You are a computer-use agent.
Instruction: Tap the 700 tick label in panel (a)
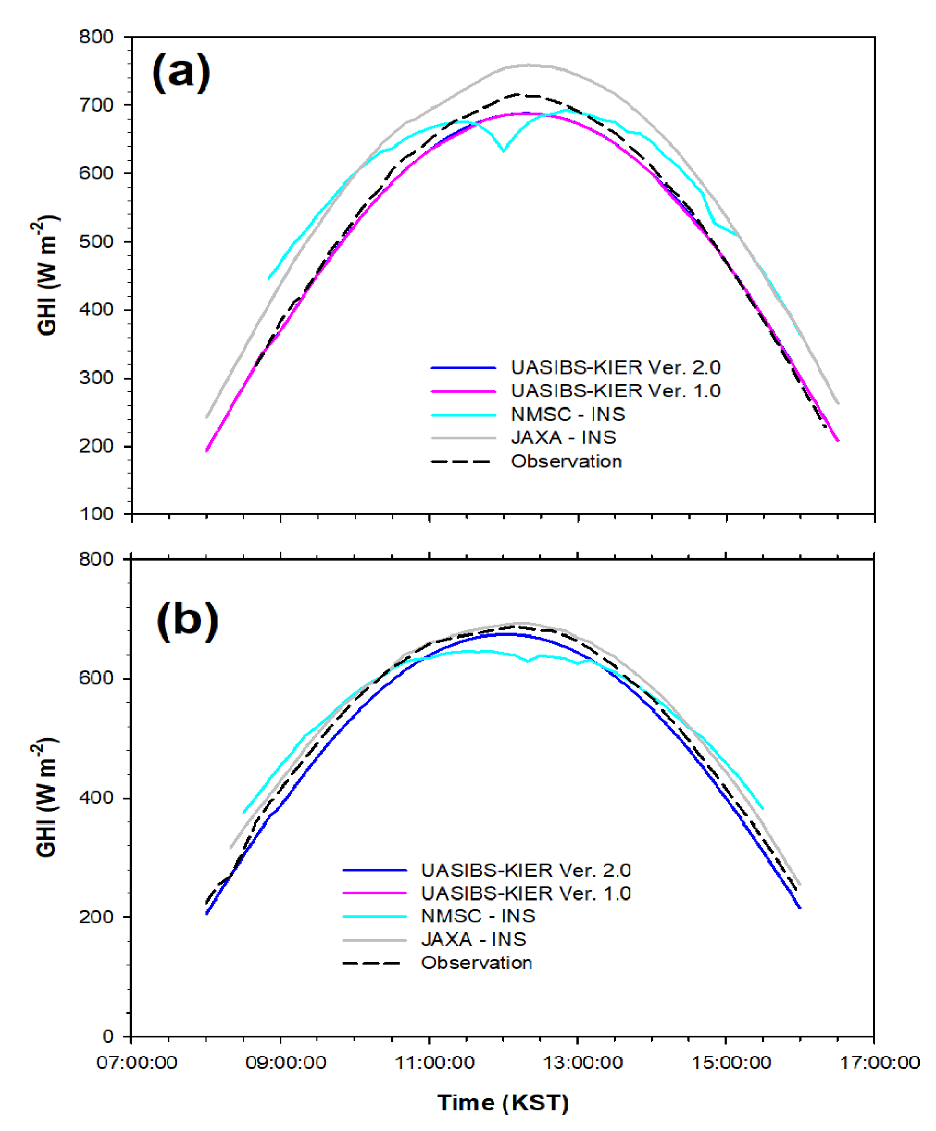click(97, 105)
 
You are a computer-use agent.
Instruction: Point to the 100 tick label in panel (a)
click(97, 514)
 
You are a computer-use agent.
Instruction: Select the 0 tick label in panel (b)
click(108, 1036)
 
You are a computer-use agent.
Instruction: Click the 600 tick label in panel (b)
click(97, 678)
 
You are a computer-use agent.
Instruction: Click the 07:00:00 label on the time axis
click(137, 1063)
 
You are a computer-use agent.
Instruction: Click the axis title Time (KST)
click(503, 1103)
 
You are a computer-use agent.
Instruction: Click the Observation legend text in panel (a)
click(566, 461)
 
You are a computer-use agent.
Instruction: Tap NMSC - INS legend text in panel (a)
click(568, 414)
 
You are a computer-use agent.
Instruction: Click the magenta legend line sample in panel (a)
click(463, 392)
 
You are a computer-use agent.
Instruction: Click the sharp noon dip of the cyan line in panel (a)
click(504, 151)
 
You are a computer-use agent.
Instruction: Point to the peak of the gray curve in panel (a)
click(528, 65)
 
